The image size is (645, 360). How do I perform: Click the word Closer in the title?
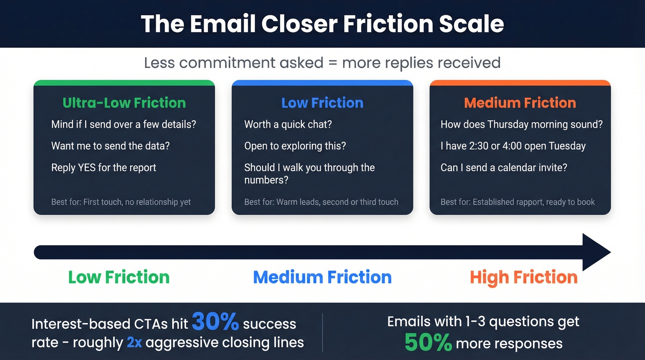click(299, 24)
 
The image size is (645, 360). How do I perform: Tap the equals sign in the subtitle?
click(333, 63)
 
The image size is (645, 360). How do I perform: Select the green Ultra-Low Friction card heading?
click(124, 103)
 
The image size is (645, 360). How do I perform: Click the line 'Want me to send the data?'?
click(110, 146)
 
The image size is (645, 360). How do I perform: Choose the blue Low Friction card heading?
click(322, 103)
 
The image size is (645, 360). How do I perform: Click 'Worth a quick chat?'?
click(288, 124)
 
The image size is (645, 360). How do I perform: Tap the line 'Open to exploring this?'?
click(295, 146)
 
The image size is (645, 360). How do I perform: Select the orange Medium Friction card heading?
click(520, 103)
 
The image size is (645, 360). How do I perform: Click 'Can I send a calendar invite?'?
click(504, 167)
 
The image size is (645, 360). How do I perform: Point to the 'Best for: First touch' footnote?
click(121, 202)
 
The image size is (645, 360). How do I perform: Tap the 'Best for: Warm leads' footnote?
click(322, 202)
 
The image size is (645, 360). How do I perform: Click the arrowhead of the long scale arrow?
click(596, 252)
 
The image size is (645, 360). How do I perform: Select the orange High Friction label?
click(523, 277)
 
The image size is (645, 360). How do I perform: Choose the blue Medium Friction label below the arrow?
click(322, 277)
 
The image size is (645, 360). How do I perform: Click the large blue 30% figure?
click(215, 321)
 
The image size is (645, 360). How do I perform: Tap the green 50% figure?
click(428, 342)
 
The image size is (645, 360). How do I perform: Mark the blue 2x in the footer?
click(134, 342)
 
